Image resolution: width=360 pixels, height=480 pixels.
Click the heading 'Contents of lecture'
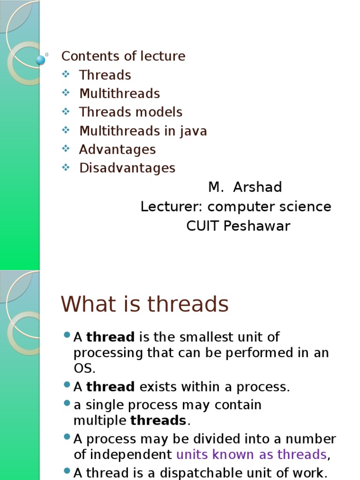pyautogui.click(x=123, y=56)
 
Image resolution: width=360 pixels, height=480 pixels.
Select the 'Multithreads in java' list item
pyautogui.click(x=143, y=131)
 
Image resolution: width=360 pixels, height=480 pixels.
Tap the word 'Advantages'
pyautogui.click(x=117, y=150)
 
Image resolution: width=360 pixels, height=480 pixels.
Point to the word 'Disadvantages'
pyautogui.click(x=127, y=168)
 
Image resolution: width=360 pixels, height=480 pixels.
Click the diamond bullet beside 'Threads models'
pyautogui.click(x=66, y=112)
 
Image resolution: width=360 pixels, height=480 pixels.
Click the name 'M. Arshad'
pyautogui.click(x=245, y=187)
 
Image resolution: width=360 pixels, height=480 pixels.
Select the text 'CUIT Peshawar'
pyautogui.click(x=238, y=226)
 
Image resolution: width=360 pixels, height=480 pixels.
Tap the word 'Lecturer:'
pyautogui.click(x=172, y=207)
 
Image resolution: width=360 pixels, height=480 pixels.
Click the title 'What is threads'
pyautogui.click(x=144, y=304)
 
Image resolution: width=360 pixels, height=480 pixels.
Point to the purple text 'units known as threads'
pyautogui.click(x=251, y=454)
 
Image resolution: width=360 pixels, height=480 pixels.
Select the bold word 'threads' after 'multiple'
pyautogui.click(x=158, y=420)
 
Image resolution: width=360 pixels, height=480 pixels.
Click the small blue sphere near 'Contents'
pyautogui.click(x=41, y=60)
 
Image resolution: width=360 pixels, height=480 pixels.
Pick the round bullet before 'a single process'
pyautogui.click(x=66, y=403)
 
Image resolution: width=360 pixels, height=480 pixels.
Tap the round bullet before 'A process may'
pyautogui.click(x=66, y=437)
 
